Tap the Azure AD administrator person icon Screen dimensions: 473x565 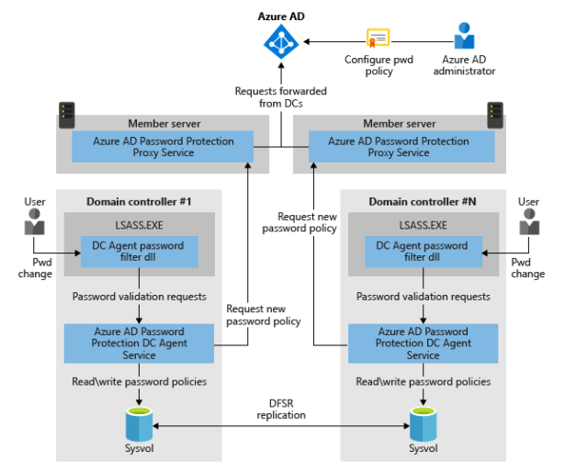coord(464,38)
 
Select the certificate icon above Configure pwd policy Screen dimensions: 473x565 coord(378,39)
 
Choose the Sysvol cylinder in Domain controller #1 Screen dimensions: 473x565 coord(140,423)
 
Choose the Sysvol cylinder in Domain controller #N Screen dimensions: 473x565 coord(424,423)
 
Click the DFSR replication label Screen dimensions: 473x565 coord(281,409)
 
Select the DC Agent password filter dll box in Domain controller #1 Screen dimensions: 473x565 coord(140,252)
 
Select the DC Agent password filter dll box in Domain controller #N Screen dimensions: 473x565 coord(423,252)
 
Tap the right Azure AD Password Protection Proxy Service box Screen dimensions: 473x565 coord(398,147)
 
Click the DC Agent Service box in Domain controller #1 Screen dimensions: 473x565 coord(139,343)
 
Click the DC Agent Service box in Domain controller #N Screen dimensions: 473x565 coord(423,343)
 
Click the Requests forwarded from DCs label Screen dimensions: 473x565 coord(280,97)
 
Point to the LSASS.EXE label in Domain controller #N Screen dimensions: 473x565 coord(423,224)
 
